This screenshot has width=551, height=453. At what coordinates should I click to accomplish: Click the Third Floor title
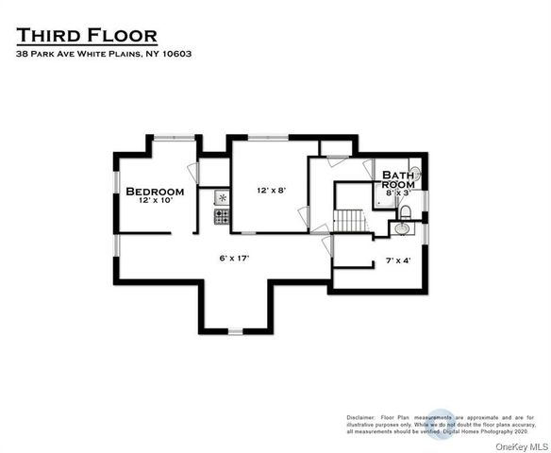(86, 37)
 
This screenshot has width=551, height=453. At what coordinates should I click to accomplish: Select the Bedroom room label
(155, 192)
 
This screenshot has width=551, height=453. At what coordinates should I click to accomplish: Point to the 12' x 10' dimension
(155, 202)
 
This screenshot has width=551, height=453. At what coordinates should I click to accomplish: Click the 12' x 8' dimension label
(271, 190)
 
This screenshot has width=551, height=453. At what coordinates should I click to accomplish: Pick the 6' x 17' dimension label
(235, 256)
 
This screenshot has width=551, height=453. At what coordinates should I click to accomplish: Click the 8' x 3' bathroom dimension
(398, 193)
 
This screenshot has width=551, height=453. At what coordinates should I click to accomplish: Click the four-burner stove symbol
(223, 216)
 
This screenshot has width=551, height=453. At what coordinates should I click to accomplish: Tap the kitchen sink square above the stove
(223, 198)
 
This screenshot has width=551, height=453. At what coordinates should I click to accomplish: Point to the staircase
(349, 220)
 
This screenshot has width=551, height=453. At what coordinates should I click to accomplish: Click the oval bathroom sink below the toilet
(403, 227)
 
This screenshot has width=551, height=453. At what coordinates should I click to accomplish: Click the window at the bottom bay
(235, 330)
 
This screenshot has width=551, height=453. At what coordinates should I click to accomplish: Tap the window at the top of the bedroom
(176, 138)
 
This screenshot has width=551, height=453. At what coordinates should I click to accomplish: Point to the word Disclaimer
(360, 416)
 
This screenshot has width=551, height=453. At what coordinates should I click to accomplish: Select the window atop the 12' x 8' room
(267, 138)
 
